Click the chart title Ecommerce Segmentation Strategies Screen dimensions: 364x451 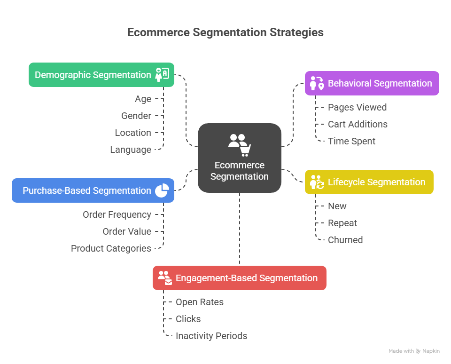[225, 32]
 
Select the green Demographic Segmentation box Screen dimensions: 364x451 [101, 75]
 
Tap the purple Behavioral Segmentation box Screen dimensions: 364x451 [372, 83]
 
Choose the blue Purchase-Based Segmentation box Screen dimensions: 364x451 [93, 190]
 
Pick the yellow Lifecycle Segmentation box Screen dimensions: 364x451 [369, 182]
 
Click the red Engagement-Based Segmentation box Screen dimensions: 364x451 [240, 278]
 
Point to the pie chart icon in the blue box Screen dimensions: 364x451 [162, 190]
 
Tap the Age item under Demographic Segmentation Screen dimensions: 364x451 [143, 99]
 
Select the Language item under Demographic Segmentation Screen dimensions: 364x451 [131, 150]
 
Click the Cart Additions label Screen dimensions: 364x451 [358, 124]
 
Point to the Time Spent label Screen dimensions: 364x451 [351, 141]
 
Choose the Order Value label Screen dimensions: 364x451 [127, 231]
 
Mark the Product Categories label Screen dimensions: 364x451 [111, 248]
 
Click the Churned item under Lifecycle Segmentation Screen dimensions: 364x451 [345, 240]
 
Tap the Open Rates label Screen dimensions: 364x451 [200, 302]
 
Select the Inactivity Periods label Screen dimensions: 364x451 [211, 336]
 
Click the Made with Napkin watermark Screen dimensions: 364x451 [414, 351]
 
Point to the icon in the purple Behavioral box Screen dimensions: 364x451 [317, 83]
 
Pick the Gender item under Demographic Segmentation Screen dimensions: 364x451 [136, 116]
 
